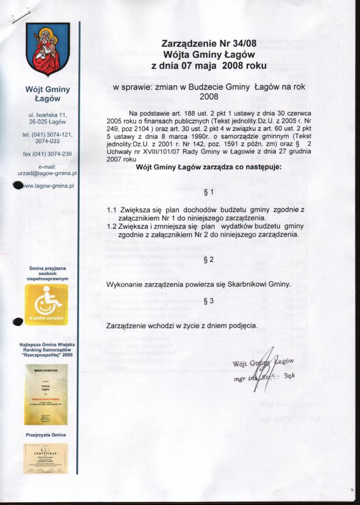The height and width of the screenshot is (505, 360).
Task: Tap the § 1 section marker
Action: (209, 191)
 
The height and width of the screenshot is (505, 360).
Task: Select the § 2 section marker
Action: (209, 260)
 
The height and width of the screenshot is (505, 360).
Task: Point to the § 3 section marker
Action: (209, 301)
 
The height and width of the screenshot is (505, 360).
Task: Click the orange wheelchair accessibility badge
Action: (47, 305)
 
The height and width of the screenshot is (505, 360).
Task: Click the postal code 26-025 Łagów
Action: (47, 122)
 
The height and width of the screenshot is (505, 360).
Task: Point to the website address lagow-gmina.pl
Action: (51, 186)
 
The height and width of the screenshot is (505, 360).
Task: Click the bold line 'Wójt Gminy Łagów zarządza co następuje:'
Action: (208, 167)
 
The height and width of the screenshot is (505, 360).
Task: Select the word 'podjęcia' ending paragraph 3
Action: (242, 326)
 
